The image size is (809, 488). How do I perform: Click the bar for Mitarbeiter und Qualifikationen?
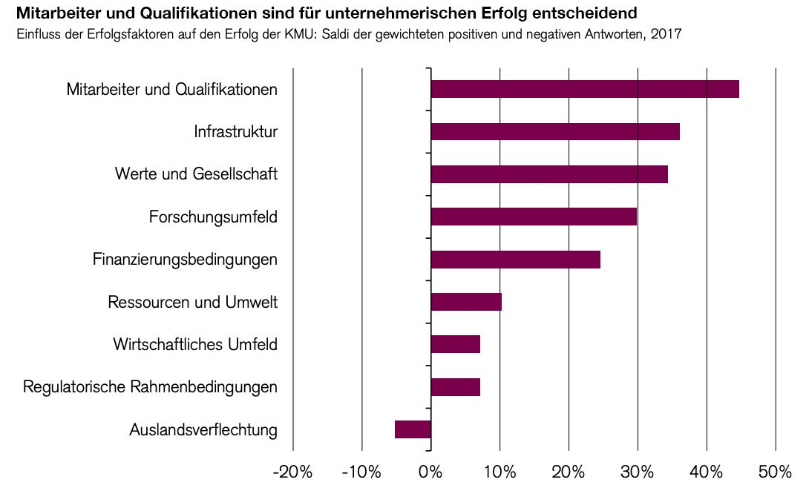coord(585,89)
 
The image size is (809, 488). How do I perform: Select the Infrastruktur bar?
coord(555,131)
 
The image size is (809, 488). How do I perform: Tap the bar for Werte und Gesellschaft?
coord(549,174)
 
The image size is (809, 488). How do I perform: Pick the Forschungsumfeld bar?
coord(534,217)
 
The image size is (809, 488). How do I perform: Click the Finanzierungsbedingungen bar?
coord(515,260)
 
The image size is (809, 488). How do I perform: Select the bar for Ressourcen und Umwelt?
coord(466,302)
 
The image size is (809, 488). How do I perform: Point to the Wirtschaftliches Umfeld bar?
coord(455,344)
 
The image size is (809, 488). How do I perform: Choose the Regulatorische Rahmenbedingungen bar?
coord(455,387)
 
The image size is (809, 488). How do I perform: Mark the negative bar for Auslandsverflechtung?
coord(413,429)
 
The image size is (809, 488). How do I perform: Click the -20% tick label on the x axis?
coord(292,472)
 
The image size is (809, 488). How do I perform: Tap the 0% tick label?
coord(430,472)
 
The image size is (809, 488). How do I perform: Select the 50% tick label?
coord(776,472)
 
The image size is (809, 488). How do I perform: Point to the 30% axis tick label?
coord(638,472)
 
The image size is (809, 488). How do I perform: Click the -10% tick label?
coord(361,472)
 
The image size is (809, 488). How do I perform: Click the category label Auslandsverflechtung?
coord(203,430)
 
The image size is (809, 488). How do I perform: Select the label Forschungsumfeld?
coord(213,217)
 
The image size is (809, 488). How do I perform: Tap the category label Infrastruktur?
coord(235,132)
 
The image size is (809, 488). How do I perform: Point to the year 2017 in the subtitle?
coord(667,34)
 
